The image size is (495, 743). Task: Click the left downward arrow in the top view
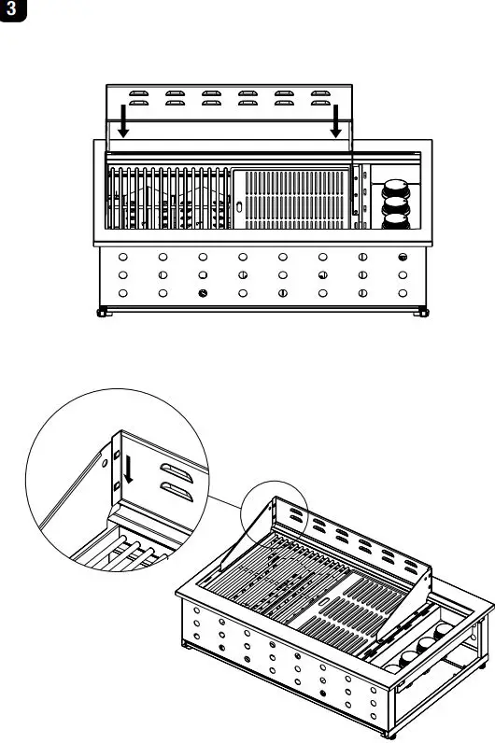click(x=123, y=120)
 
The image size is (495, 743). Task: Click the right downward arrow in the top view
click(x=337, y=120)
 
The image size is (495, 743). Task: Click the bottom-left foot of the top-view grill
click(x=102, y=314)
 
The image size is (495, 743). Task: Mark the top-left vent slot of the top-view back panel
click(x=137, y=93)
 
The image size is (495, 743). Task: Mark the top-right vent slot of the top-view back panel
click(x=320, y=93)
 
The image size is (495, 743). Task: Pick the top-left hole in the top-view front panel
click(x=123, y=257)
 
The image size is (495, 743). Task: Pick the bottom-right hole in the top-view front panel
click(x=403, y=294)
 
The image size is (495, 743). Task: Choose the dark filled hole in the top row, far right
click(x=403, y=257)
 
